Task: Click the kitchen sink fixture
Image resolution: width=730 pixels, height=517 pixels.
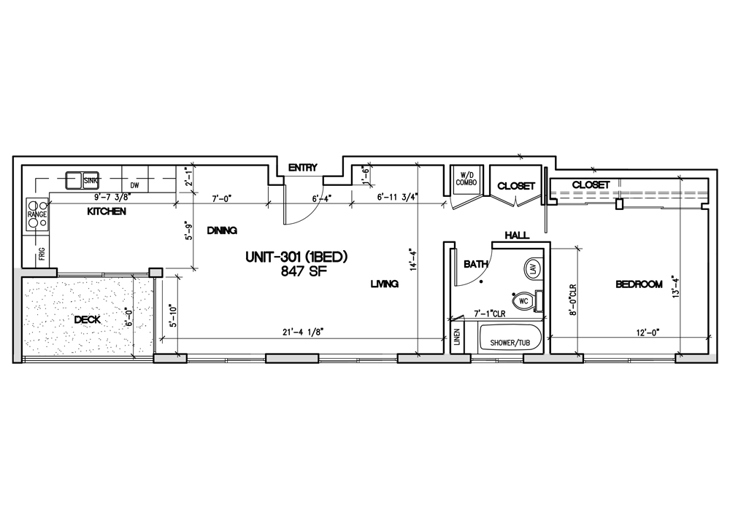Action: tap(82, 180)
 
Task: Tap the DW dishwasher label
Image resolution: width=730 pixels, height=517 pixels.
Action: tap(134, 185)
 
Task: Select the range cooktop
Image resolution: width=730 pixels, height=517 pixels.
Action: tap(37, 214)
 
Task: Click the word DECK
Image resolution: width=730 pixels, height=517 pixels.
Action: tap(87, 319)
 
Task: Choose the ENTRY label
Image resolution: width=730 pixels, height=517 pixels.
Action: tap(303, 168)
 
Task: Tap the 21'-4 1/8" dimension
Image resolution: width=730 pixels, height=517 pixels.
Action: tap(303, 332)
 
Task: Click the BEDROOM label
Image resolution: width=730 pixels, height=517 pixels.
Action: tap(639, 284)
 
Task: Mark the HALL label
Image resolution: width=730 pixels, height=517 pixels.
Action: tap(518, 236)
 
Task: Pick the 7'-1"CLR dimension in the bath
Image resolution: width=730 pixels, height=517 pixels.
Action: tap(489, 314)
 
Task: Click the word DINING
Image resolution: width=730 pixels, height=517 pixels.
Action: tap(222, 230)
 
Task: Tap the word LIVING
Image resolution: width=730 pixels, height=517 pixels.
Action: tap(385, 283)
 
